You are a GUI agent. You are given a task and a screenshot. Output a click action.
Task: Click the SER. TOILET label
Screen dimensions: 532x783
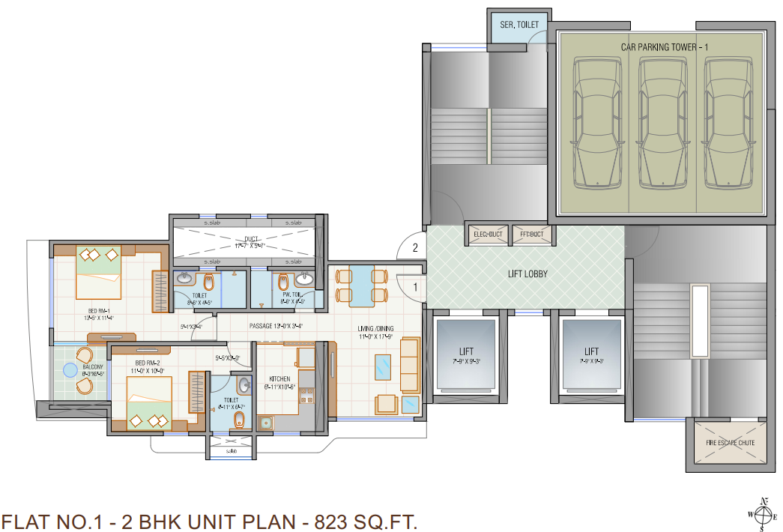point(519,25)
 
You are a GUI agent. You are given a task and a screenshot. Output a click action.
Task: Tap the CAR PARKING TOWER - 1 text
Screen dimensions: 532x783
point(664,47)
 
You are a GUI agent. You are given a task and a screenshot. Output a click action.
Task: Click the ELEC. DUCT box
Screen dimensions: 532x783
point(488,235)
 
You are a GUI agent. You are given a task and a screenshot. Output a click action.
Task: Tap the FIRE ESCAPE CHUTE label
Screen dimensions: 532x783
point(730,443)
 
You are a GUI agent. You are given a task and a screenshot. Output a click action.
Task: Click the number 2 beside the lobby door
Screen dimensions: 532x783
point(414,248)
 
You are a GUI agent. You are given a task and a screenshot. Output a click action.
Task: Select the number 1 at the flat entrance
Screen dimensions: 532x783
point(414,285)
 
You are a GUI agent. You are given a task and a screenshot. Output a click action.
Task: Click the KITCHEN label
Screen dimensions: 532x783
point(279,379)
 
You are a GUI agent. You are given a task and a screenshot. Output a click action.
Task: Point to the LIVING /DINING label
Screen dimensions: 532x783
point(375,329)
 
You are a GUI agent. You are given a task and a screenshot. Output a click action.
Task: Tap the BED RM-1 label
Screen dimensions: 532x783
point(99,311)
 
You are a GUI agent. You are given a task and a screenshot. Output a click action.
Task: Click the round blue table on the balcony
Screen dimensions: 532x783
point(70,369)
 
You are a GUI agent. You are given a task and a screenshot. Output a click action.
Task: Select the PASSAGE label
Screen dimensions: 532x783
point(264,326)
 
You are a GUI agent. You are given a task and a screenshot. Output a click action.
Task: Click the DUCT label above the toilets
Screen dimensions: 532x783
point(246,238)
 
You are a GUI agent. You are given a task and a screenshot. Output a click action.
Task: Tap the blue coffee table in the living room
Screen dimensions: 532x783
point(383,366)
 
